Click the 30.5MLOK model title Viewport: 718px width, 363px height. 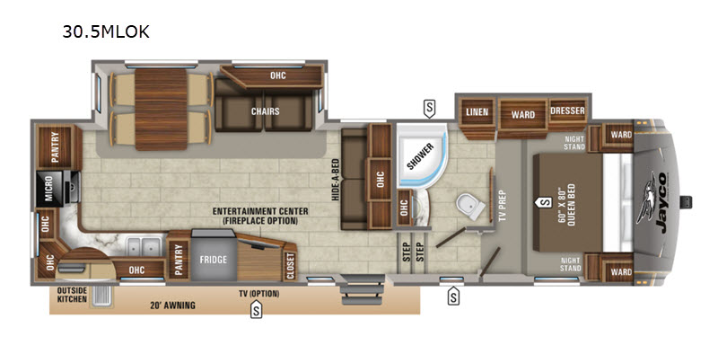point(106,31)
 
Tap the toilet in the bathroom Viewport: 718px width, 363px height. point(471,206)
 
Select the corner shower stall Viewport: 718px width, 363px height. point(421,155)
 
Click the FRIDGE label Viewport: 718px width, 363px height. point(213,260)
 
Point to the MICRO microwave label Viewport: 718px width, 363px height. point(48,188)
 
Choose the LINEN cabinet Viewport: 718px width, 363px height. point(477,112)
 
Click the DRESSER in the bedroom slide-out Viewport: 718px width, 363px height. point(567,111)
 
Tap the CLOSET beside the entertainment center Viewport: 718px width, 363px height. point(290,266)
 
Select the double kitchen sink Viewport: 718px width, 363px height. point(142,247)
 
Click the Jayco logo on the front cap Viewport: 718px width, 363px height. point(657,201)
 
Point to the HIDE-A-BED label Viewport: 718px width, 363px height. point(335,180)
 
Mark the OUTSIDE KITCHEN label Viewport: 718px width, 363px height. point(72,295)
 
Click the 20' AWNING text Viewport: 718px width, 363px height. point(172,305)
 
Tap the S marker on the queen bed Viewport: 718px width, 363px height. point(544,201)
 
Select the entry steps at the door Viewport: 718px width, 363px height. point(362,289)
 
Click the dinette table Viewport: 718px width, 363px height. point(162,109)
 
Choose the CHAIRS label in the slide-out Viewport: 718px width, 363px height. point(265,111)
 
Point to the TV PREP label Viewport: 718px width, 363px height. point(502,206)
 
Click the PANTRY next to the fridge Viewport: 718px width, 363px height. point(179,260)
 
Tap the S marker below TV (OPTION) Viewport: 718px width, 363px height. point(256,311)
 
